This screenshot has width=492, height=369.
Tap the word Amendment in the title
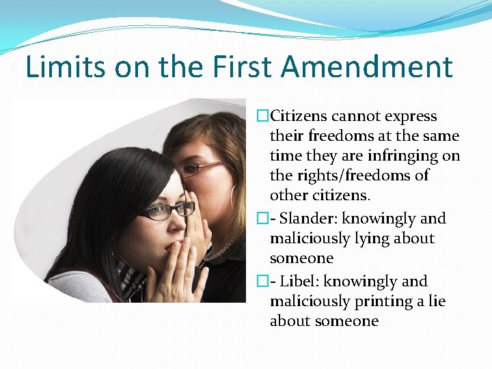[x=367, y=68]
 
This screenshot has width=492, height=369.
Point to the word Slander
[x=307, y=219]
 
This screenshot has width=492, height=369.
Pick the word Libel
[x=299, y=281]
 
